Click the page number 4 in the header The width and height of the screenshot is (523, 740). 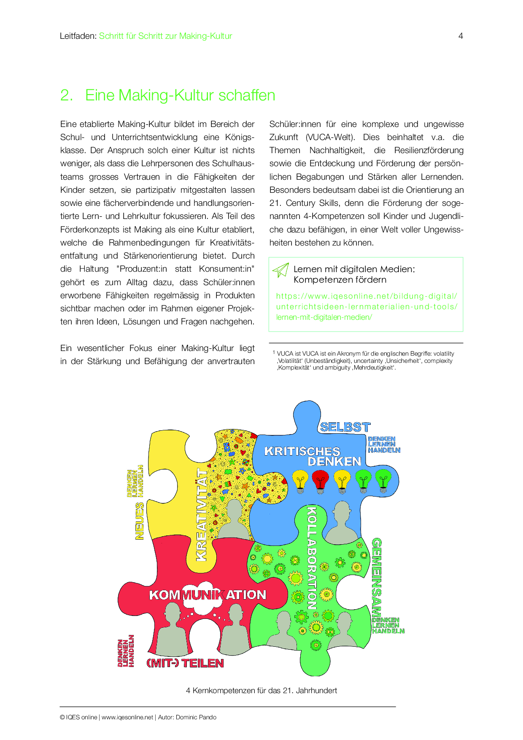coord(461,36)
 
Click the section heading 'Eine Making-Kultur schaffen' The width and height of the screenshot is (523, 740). coord(180,95)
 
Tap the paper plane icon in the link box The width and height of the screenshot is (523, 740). coord(280,270)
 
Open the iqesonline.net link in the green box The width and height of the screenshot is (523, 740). coord(367,307)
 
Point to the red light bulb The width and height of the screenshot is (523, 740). coord(321,481)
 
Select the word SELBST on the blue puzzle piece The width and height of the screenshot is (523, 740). coord(345,427)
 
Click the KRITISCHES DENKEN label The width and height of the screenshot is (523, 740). coord(313,456)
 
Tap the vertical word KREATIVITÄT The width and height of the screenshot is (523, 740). coord(202,515)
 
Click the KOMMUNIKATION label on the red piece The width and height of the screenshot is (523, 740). coord(208,595)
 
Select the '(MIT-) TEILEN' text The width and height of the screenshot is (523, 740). coord(185,663)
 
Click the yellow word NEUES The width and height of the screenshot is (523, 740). coord(140,521)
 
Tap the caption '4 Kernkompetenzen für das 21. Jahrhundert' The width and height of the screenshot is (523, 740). coord(261,691)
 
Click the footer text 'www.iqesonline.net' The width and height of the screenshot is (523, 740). coord(127,717)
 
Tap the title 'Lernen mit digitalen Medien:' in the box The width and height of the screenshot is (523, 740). coord(354,269)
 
